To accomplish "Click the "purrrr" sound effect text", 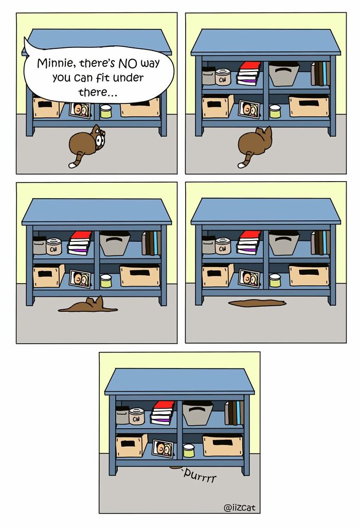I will click(x=200, y=476).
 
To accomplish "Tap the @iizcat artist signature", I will click(x=239, y=507).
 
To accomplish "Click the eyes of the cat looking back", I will click(x=101, y=137).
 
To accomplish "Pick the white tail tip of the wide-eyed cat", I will click(x=73, y=165).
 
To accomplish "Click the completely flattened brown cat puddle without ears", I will click(x=257, y=304).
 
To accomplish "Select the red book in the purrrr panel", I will click(x=165, y=405).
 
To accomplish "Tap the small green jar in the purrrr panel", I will click(x=189, y=450).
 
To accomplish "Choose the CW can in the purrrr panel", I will click(x=137, y=416).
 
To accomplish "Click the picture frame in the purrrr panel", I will click(x=163, y=448).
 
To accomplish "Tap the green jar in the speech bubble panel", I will click(x=106, y=111).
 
